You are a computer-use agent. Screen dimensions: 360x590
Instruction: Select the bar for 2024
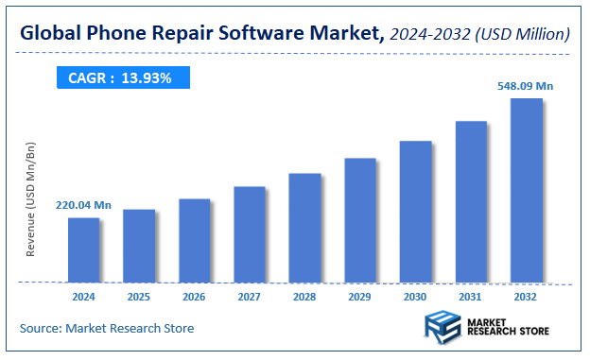pyautogui.click(x=83, y=249)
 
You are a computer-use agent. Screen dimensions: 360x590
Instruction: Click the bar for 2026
pyautogui.click(x=194, y=240)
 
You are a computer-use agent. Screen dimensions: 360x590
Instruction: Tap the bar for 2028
pyautogui.click(x=304, y=228)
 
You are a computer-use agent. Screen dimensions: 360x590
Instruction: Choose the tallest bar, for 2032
pyautogui.click(x=526, y=190)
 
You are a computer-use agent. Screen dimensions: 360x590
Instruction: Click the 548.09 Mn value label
pyautogui.click(x=526, y=86)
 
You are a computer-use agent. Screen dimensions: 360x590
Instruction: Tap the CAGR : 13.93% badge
pyautogui.click(x=121, y=77)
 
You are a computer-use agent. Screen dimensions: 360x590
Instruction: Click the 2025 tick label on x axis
pyautogui.click(x=138, y=296)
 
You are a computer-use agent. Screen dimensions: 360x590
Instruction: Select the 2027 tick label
pyautogui.click(x=249, y=296)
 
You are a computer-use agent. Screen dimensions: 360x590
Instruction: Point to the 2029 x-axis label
pyautogui.click(x=360, y=296)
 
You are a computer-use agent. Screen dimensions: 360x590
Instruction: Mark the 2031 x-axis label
pyautogui.click(x=471, y=296)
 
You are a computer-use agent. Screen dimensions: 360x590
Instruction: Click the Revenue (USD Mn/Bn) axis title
pyautogui.click(x=31, y=199)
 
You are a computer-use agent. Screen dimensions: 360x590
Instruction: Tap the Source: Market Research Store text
pyautogui.click(x=107, y=328)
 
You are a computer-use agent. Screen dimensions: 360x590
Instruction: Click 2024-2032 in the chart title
pyautogui.click(x=428, y=35)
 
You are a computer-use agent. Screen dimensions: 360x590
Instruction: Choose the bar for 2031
pyautogui.click(x=471, y=201)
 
